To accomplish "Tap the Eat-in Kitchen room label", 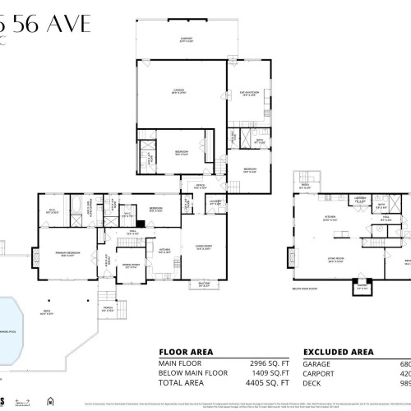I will tap(250, 93).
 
